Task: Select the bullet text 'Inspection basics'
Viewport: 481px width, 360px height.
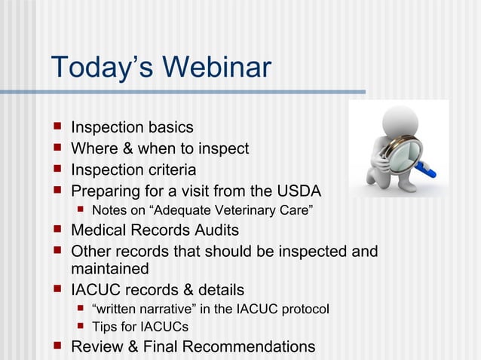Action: (x=132, y=128)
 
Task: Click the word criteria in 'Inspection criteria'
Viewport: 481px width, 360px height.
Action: (x=169, y=169)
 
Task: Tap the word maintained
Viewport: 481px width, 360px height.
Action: (x=110, y=268)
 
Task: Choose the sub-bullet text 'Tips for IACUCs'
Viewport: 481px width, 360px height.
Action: (x=139, y=327)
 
